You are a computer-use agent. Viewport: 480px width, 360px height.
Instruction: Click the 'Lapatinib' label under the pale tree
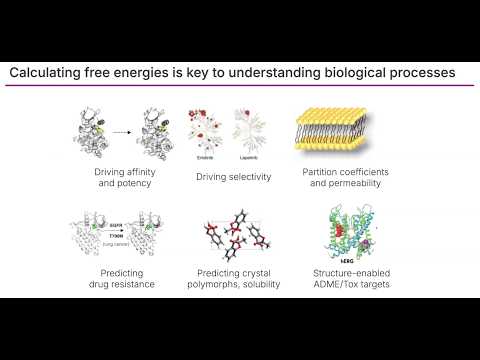click(x=250, y=157)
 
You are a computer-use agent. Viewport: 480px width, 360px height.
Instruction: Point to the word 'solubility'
click(x=260, y=284)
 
